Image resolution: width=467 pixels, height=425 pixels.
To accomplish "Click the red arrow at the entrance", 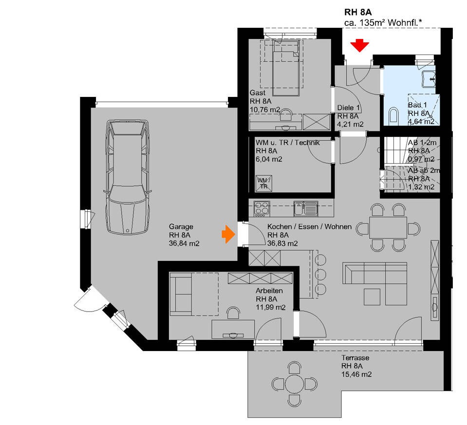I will pyautogui.click(x=360, y=46).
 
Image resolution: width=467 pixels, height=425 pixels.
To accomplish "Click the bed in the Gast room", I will pyautogui.click(x=285, y=68).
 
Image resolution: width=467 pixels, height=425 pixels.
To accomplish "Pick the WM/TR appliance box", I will pyautogui.click(x=264, y=184).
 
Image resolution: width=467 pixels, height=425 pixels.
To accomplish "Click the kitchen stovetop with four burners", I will pyautogui.click(x=262, y=209).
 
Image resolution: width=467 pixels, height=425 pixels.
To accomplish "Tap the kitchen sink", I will pyautogui.click(x=305, y=209).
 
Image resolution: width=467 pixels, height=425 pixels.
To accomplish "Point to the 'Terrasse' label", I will pyautogui.click(x=355, y=358).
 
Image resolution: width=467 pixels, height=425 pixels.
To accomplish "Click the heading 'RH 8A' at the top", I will pyautogui.click(x=358, y=12).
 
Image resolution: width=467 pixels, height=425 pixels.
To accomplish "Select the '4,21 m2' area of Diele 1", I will pyautogui.click(x=351, y=124).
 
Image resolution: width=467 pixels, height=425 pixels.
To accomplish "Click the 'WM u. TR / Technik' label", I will pyautogui.click(x=287, y=143).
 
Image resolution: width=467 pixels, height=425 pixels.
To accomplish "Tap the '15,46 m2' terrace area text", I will pyautogui.click(x=356, y=374).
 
